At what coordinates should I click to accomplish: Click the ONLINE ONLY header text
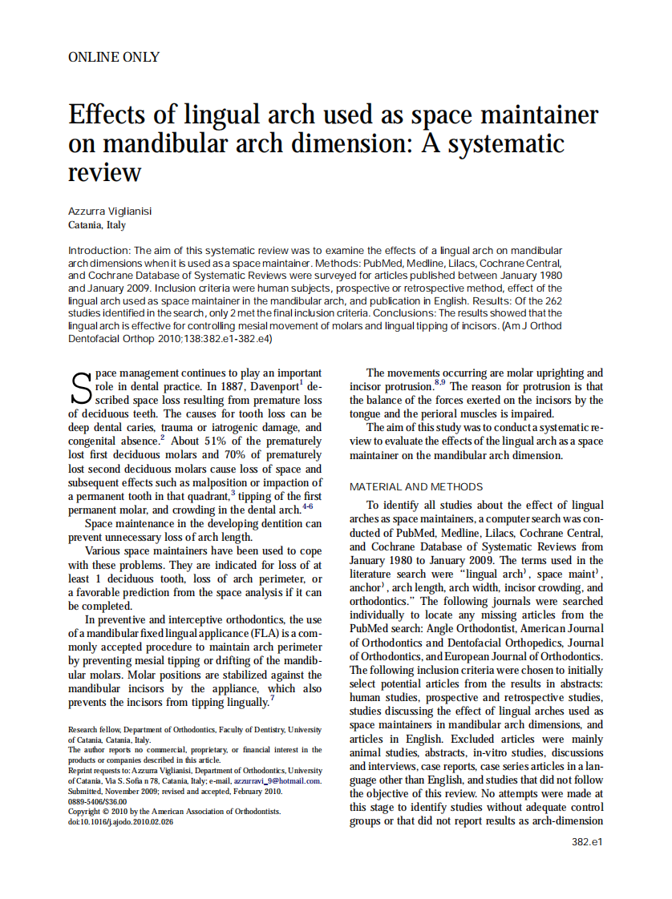point(114,57)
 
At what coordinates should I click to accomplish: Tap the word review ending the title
point(105,171)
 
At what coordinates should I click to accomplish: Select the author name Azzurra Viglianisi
point(110,211)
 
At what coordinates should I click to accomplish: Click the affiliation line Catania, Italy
point(97,225)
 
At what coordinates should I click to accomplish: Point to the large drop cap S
point(80,389)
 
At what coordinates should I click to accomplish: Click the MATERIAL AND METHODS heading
point(416,486)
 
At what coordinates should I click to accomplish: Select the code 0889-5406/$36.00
point(97,801)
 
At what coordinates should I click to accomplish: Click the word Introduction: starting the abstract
point(99,250)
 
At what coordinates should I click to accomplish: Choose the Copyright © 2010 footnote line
point(174,812)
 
